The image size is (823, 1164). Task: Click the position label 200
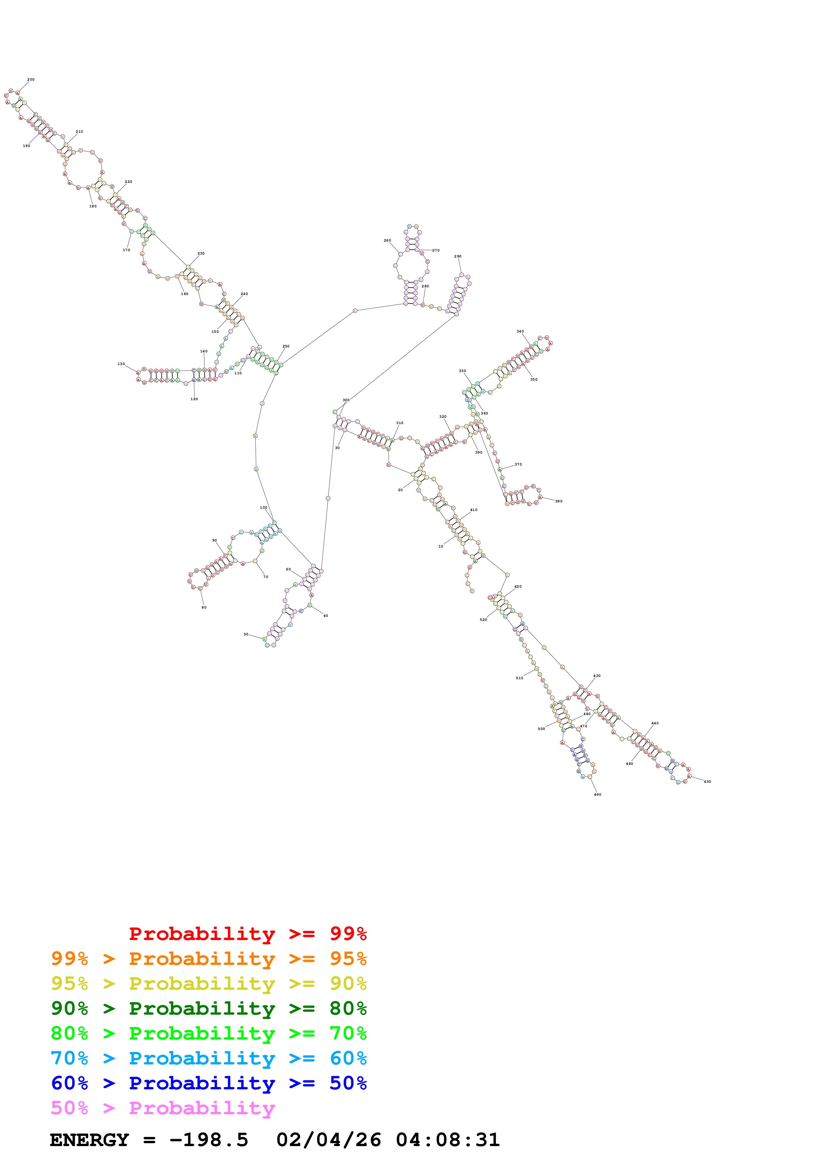coord(31,80)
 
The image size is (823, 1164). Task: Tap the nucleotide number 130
coord(121,364)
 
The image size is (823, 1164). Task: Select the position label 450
coord(707,782)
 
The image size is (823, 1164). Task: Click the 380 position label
coord(558,501)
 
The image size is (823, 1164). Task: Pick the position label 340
coord(520,331)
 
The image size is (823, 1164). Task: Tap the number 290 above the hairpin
coord(458,256)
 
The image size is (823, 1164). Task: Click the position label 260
coord(387,241)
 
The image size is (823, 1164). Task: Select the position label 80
coord(204,607)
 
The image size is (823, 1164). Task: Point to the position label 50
coord(246,634)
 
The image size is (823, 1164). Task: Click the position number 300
coord(346,400)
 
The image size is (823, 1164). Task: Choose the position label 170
coord(126,250)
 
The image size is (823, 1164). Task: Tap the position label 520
coord(483,619)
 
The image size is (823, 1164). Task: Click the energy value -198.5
coord(208,1140)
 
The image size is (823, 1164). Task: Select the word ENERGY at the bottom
coord(89,1140)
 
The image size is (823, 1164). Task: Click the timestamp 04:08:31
coord(448,1140)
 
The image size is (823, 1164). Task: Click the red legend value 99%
coord(348,933)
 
